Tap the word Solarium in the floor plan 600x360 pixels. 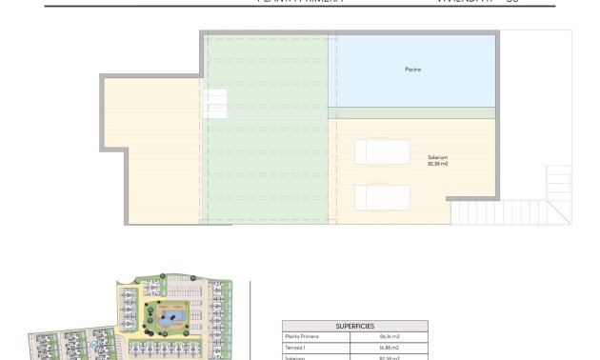pos(438,157)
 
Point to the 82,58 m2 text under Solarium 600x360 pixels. pos(438,164)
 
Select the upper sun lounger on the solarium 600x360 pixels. pos(382,151)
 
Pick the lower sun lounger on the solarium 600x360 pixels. pos(382,197)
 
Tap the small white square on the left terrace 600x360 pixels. pos(216,101)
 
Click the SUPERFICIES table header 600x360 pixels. pos(354,326)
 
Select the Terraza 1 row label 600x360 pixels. pos(303,348)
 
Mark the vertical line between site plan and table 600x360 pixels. pos(249,319)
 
